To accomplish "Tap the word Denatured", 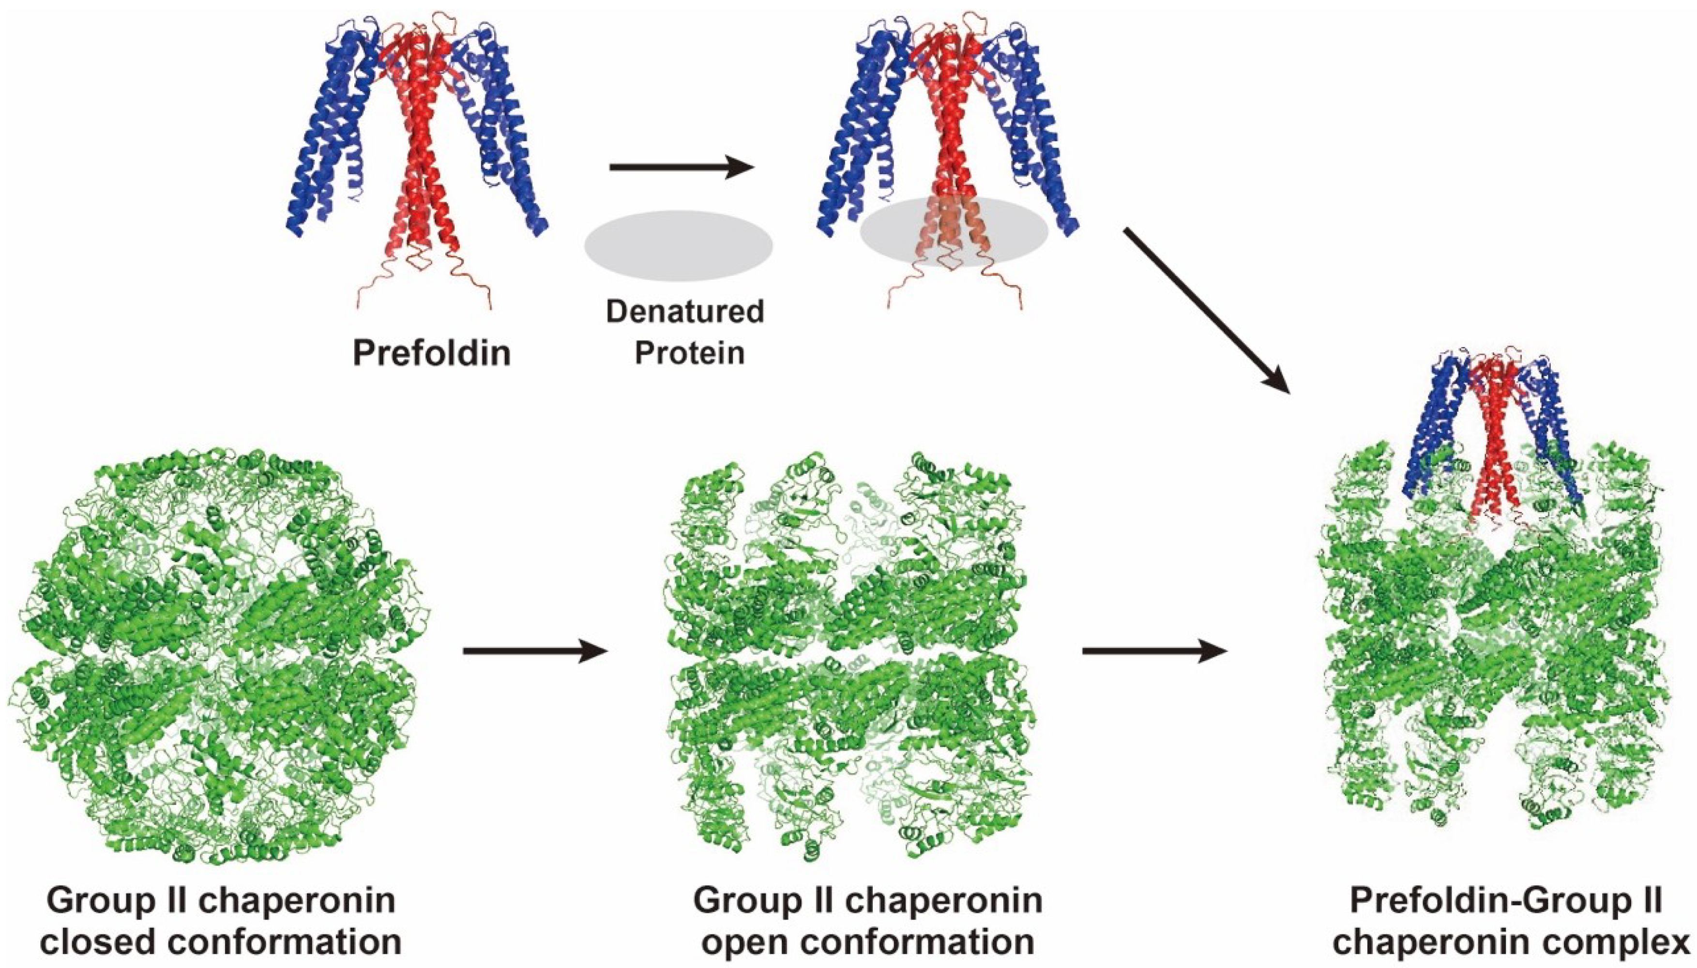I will coord(684,312).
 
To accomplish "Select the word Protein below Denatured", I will coord(689,352).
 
